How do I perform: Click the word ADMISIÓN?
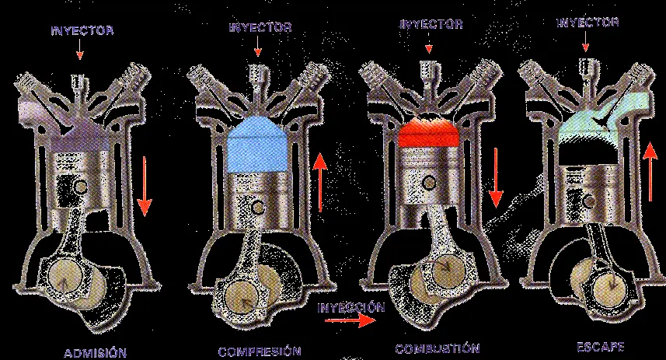tap(95, 353)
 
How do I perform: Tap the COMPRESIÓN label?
tap(260, 351)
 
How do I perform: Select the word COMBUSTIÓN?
tap(438, 349)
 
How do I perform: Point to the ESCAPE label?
tap(600, 347)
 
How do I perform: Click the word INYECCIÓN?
tap(351, 307)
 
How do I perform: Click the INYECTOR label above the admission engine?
tap(82, 30)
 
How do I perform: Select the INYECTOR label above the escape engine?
tap(588, 22)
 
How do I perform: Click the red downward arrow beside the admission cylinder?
tap(145, 186)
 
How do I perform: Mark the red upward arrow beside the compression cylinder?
tap(320, 183)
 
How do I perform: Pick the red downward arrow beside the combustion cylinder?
tap(495, 177)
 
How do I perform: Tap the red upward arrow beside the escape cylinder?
tap(650, 172)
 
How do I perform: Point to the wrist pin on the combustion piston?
tap(430, 183)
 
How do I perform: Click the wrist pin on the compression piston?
tap(258, 207)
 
